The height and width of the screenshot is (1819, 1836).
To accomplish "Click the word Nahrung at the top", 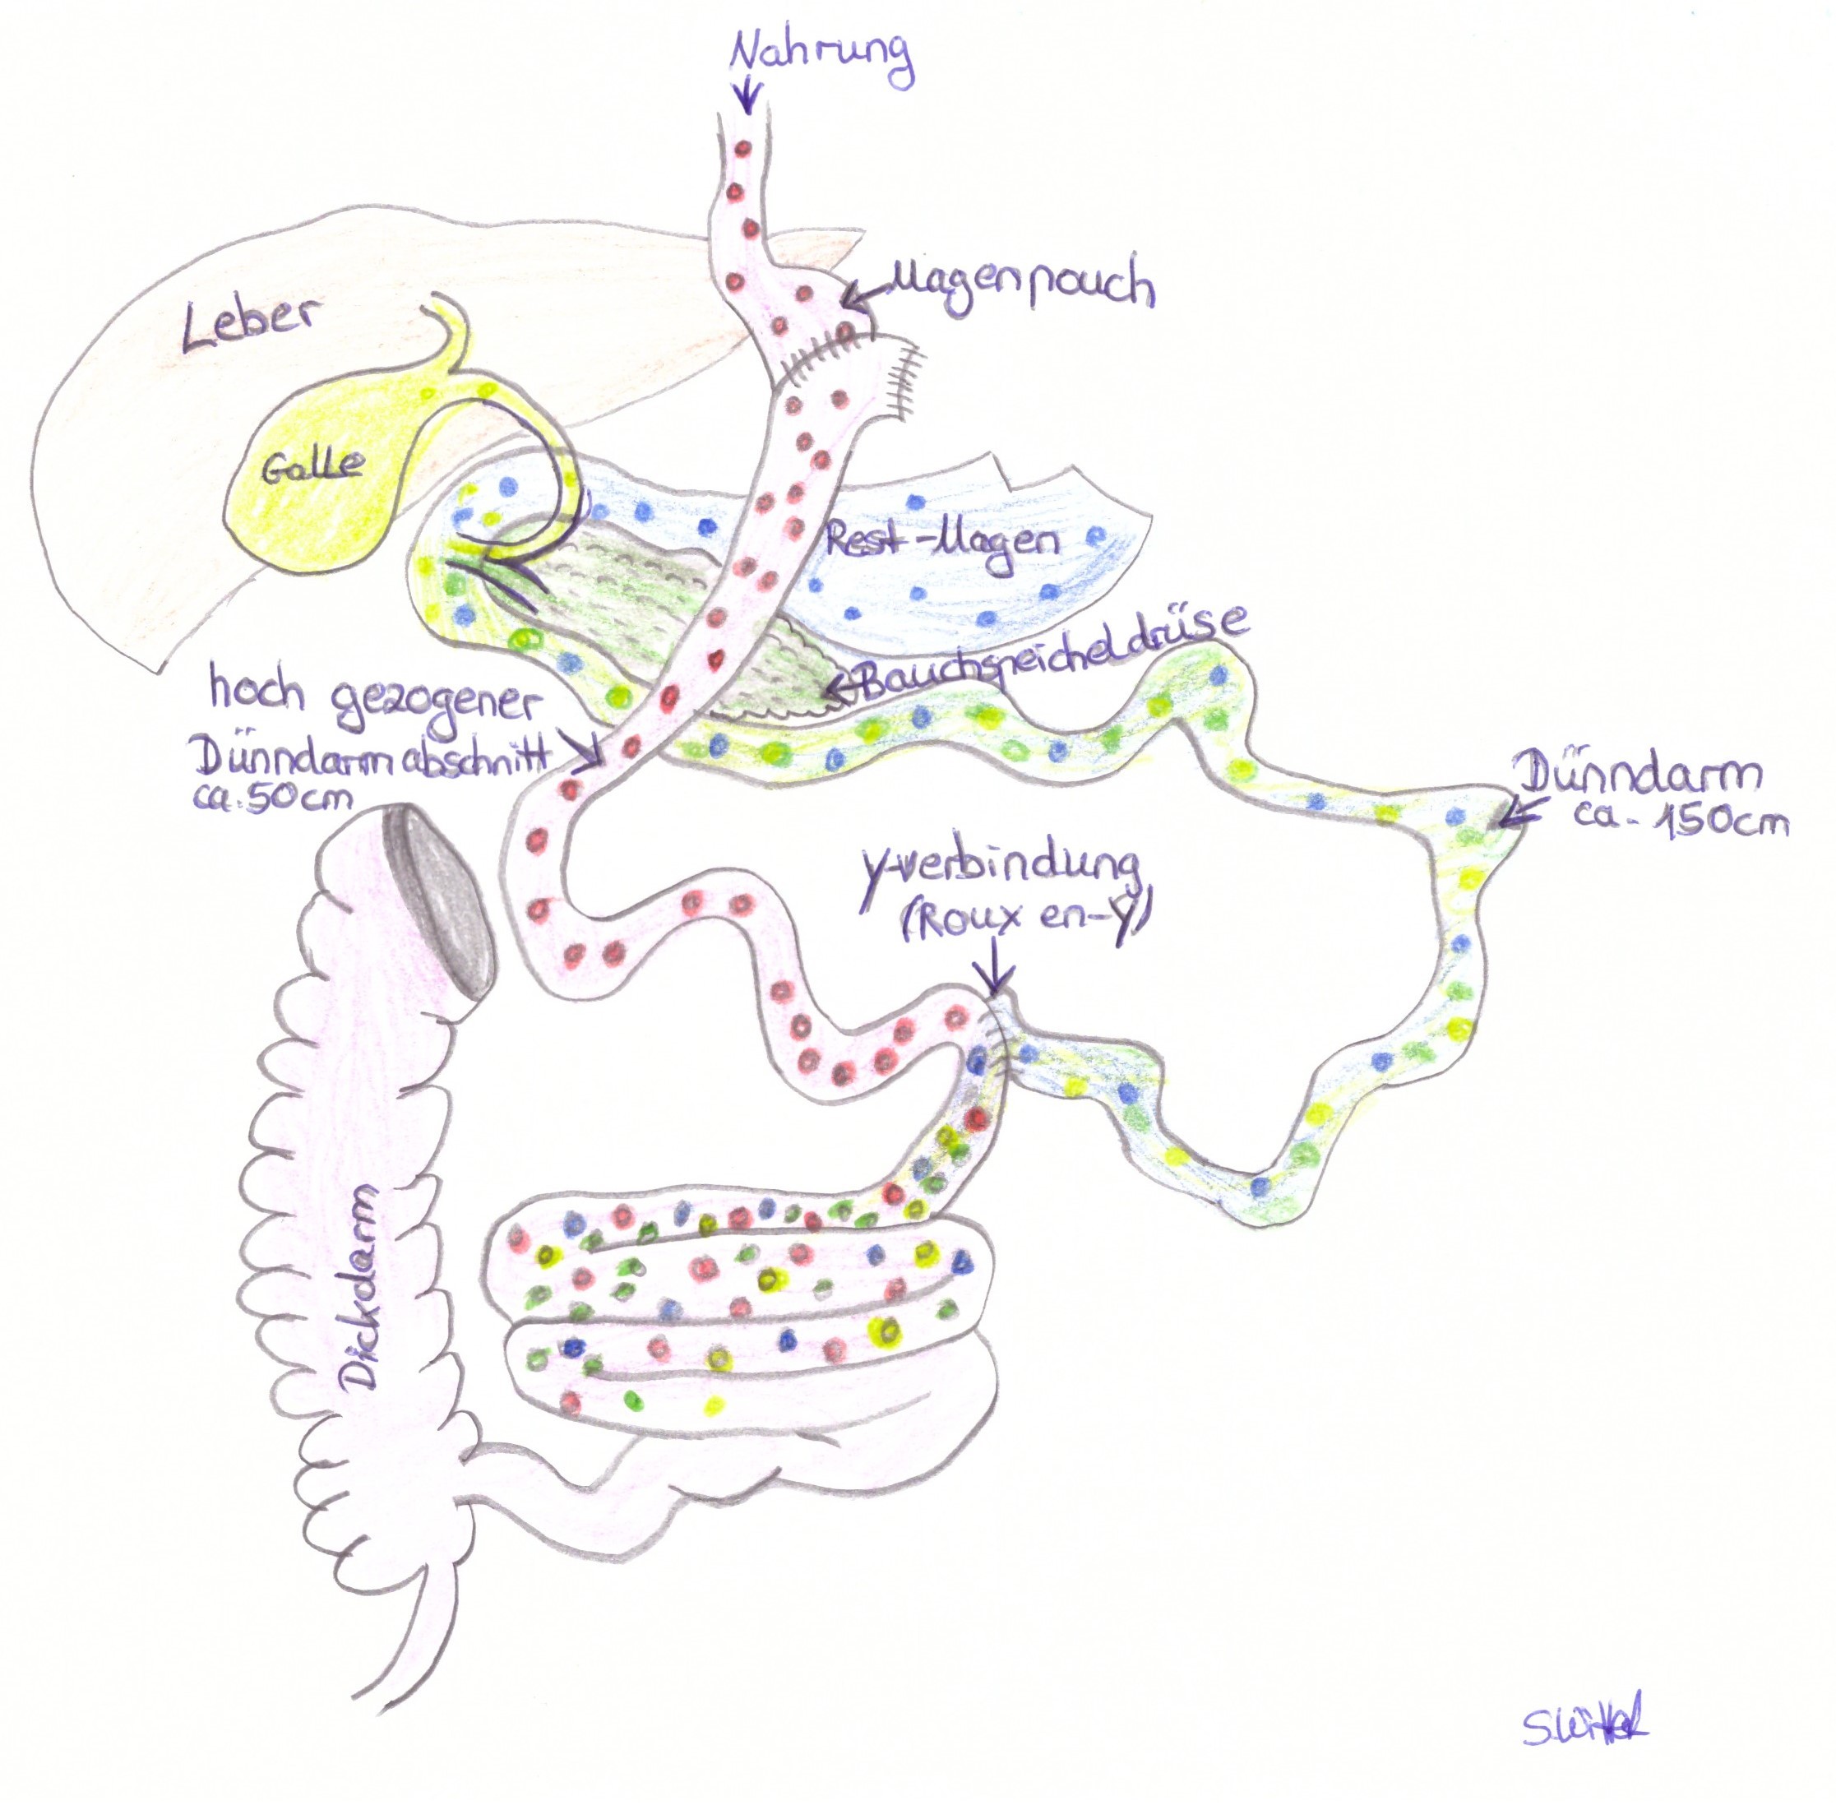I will (x=821, y=53).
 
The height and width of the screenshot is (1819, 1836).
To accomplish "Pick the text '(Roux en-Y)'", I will (x=1024, y=920).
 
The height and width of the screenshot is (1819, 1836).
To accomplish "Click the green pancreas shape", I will (x=656, y=609).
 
